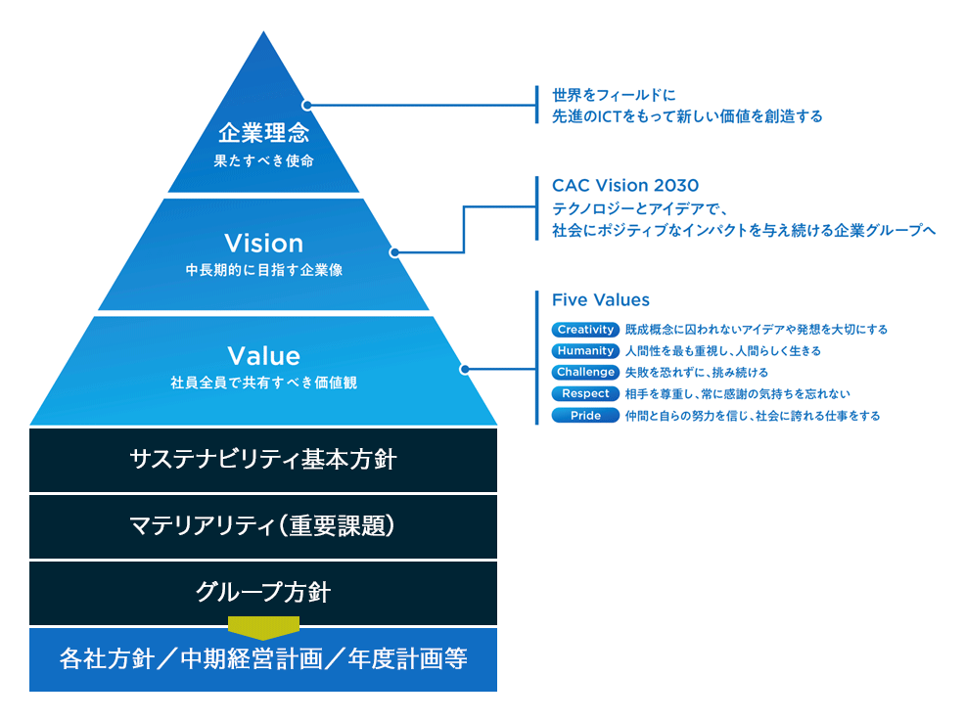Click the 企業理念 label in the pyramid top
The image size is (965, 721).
coord(263,133)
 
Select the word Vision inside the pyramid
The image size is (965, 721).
coord(263,243)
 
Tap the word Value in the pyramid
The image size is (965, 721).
coord(263,355)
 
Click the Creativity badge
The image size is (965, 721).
coord(585,330)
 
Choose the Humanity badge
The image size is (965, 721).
coord(585,351)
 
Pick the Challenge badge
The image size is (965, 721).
coord(585,373)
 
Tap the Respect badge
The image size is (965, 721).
coord(585,394)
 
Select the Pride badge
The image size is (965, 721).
coord(585,416)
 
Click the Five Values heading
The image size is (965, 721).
coord(601,300)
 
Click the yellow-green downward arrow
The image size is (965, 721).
coord(263,627)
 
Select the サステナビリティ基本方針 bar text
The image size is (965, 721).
coord(263,459)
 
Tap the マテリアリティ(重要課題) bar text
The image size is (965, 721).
coord(263,526)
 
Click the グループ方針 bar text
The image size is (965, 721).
coord(263,593)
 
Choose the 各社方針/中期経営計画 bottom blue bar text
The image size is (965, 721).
coord(263,659)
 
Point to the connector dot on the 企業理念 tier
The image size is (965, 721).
coord(306,104)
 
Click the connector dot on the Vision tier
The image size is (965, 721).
coord(393,252)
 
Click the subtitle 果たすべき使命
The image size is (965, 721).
coord(263,160)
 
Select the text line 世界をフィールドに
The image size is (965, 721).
coord(614,96)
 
